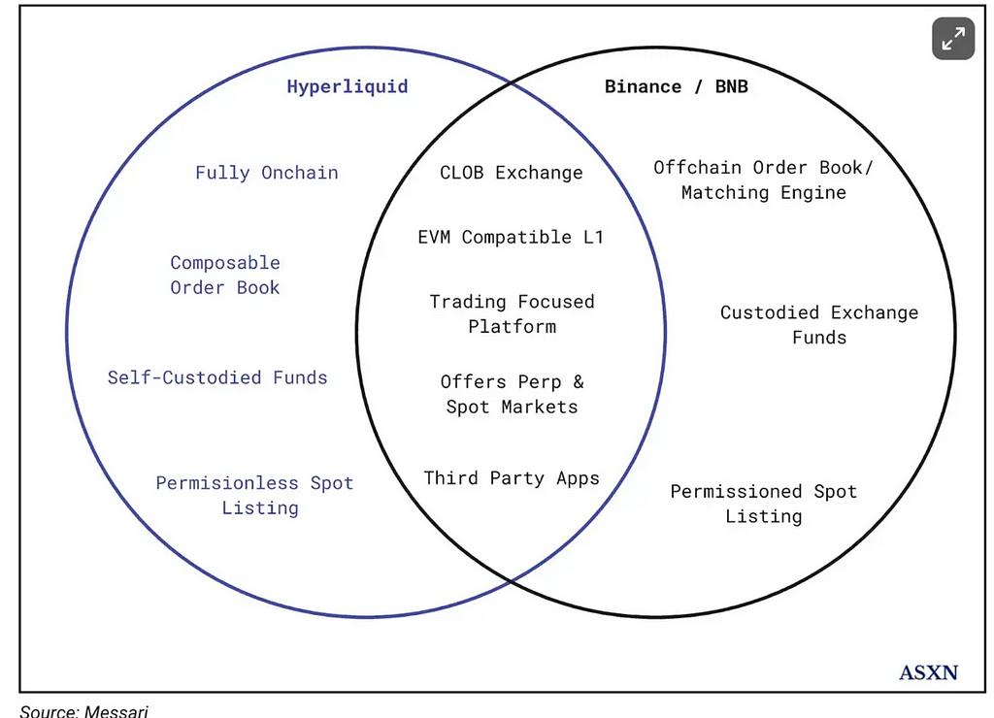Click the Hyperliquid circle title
coord(348,86)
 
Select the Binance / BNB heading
coord(677,86)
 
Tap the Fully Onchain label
coord(267,173)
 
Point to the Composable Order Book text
coord(225,275)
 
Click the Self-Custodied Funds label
coord(217,377)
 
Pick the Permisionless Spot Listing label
coord(254,496)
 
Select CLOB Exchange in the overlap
coord(512,173)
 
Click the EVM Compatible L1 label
coord(511,237)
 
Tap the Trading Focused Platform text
coord(513,313)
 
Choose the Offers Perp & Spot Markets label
coord(513,394)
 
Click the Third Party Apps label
coord(512,477)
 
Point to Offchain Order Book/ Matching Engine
coord(763,179)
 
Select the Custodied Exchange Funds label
coord(819,324)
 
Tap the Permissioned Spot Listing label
coord(763,504)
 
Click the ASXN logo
coord(929,672)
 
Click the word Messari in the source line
coord(116,711)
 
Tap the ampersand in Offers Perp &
coord(579,381)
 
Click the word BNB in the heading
coord(732,86)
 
